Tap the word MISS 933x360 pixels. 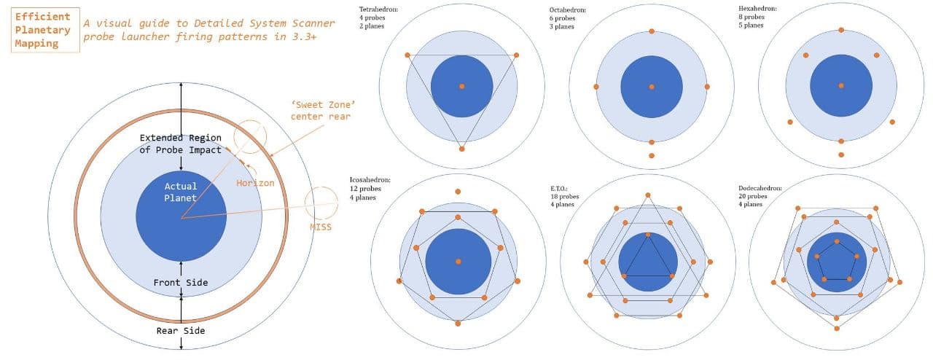coord(321,227)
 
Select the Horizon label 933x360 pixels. coord(255,183)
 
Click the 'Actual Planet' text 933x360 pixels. coord(180,192)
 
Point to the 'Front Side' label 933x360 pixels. coord(180,283)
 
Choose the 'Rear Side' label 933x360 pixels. coord(181,331)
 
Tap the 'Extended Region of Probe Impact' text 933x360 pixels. coord(180,144)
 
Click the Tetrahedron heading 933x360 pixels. coord(378,9)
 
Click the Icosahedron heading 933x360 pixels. coord(370,180)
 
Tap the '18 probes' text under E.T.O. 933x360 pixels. coord(565,196)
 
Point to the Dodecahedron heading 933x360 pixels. coord(760,188)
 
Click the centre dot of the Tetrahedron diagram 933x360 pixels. coord(462,86)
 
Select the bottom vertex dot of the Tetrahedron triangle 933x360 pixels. coord(461,149)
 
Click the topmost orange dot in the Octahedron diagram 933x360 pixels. coord(652,31)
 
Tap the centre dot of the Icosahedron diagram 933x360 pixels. coord(458,262)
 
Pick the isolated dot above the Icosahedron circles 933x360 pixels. coord(458,192)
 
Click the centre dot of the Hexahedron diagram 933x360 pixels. coord(841,86)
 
